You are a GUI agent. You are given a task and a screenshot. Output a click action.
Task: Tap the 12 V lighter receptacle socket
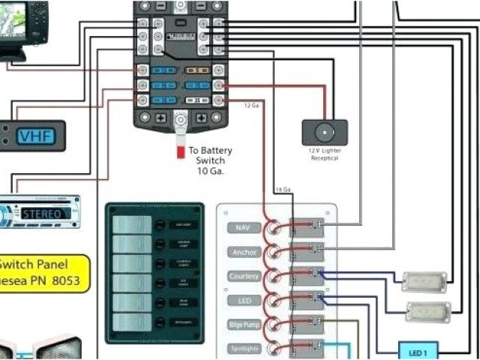(x=324, y=133)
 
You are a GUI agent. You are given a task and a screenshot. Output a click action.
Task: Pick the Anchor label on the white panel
(x=243, y=252)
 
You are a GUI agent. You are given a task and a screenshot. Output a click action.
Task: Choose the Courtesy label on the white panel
(x=243, y=276)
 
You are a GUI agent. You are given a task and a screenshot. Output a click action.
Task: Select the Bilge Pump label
(x=243, y=324)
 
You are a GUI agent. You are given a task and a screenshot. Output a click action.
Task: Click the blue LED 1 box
(x=418, y=350)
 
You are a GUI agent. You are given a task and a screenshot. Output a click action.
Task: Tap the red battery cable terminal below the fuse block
(x=180, y=151)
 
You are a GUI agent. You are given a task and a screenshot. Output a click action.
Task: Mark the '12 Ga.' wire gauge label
(x=252, y=105)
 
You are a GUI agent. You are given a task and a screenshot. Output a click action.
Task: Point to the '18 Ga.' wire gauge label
(x=283, y=188)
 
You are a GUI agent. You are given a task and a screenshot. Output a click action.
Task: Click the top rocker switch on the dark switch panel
(x=132, y=223)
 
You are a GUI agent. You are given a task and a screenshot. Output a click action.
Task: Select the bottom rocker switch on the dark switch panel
(x=132, y=322)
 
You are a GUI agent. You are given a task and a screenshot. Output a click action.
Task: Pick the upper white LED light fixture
(x=424, y=282)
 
